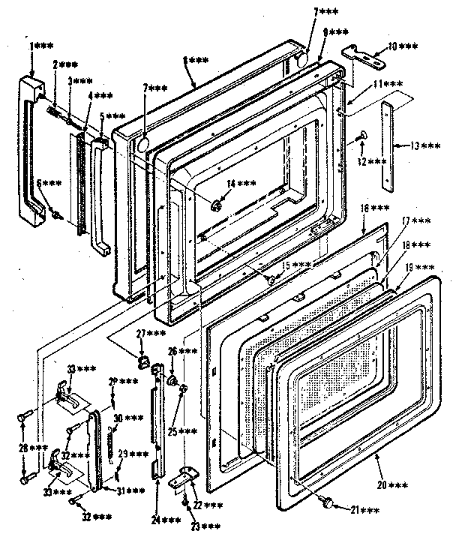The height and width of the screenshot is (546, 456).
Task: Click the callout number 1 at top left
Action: [x=31, y=46]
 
